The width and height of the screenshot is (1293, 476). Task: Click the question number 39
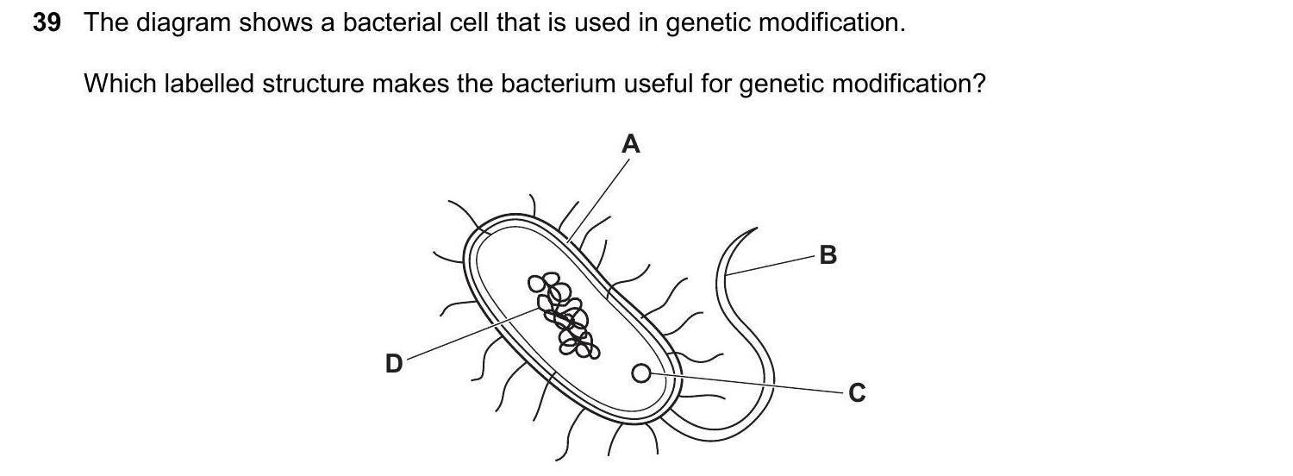(47, 23)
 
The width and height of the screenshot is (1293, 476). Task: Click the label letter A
(631, 144)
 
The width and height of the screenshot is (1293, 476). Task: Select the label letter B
(828, 255)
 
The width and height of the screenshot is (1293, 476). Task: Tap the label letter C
(856, 393)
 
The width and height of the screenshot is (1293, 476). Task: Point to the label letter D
(393, 364)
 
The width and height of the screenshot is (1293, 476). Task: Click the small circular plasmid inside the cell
(640, 373)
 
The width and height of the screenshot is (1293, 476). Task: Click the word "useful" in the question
(658, 85)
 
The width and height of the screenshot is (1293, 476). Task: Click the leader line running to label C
(750, 383)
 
